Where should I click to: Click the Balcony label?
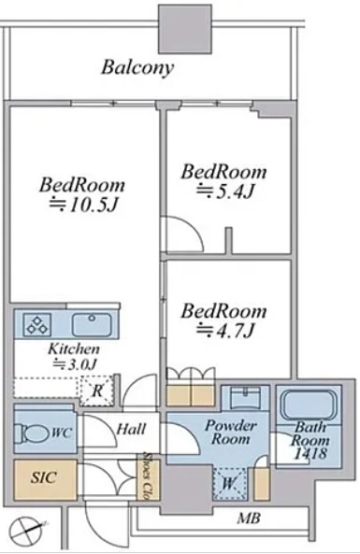pos(137,68)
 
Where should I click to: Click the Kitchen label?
pos(74,349)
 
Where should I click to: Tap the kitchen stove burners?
pos(37,324)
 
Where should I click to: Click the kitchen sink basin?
pos(92,325)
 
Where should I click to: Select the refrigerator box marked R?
pos(97,391)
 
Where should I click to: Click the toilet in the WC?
pos(31,433)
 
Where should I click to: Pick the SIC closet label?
pos(44,477)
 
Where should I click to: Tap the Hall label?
pos(131,429)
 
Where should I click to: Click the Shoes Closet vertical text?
pos(145,476)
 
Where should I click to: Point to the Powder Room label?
pos(231,433)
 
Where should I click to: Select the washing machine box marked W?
pos(229,483)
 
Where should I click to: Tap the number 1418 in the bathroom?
pos(310,453)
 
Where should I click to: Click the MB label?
pos(249,518)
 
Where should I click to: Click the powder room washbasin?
pos(245,397)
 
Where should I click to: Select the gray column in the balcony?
pos(185,29)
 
